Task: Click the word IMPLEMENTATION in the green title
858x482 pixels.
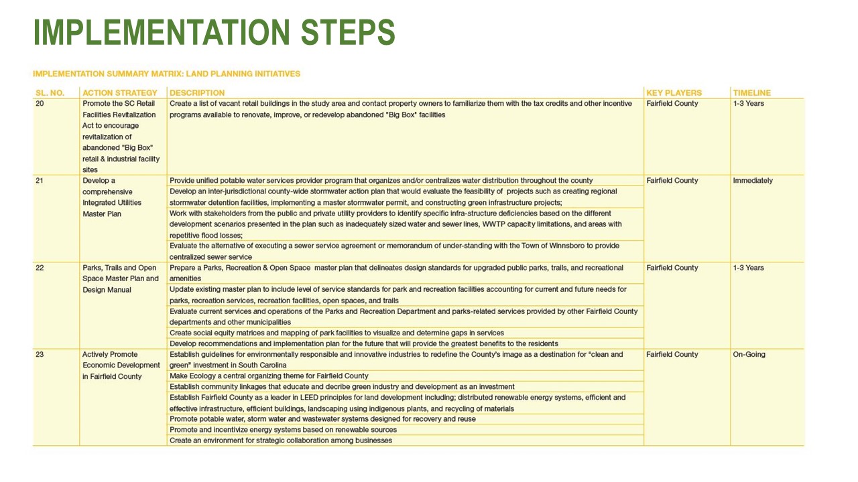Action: click(161, 32)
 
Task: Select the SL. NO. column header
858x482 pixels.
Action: click(50, 93)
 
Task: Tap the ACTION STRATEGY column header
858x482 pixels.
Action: click(120, 93)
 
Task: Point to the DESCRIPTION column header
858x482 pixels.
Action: click(197, 93)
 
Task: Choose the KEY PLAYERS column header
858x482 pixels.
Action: click(674, 93)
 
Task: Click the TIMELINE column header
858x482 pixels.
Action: click(751, 93)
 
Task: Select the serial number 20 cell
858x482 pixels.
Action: click(40, 104)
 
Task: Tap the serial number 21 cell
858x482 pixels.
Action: click(40, 181)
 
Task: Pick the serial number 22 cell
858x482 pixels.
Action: click(40, 268)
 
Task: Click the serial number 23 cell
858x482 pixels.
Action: click(40, 355)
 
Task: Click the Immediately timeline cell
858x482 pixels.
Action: click(753, 181)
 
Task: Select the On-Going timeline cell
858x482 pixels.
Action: click(749, 355)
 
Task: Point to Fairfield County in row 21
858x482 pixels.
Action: click(672, 181)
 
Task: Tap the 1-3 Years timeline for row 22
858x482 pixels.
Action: click(748, 268)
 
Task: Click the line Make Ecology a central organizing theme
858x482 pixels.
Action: click(269, 376)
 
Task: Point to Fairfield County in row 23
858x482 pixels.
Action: click(672, 355)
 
